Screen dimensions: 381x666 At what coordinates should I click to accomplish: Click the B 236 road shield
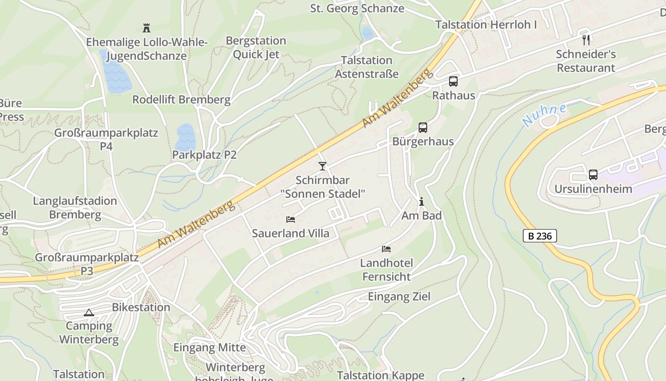[540, 236]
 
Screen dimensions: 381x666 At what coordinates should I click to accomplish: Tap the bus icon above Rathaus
[453, 81]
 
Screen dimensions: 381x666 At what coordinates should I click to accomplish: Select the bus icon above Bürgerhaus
[422, 128]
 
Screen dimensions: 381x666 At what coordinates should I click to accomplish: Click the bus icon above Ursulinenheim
[593, 175]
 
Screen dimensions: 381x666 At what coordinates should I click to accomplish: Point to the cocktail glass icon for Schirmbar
[323, 166]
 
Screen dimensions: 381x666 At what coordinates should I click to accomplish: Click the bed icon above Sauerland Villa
[291, 220]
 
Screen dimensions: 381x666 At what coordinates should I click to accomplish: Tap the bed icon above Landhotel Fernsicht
[386, 249]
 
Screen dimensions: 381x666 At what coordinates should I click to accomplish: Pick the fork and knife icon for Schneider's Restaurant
[586, 40]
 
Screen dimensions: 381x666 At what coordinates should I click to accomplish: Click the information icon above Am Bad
[421, 202]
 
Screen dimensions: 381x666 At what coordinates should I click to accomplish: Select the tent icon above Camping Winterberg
[88, 313]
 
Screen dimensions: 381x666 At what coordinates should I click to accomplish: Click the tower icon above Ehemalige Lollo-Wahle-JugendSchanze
[147, 28]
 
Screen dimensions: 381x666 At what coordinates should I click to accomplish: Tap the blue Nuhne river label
[544, 115]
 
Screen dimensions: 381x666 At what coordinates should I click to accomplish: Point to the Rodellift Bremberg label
[181, 100]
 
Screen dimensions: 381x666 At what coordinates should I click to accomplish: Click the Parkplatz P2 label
[204, 155]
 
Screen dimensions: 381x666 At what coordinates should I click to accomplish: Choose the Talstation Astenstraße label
[366, 67]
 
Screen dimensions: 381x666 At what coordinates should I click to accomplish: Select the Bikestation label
[141, 307]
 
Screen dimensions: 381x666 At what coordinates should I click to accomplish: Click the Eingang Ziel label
[399, 297]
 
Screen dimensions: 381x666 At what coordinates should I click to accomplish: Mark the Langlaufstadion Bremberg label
[75, 208]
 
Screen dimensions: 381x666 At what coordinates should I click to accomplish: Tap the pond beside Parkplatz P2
[186, 137]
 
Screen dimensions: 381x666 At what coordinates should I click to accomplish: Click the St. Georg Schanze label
[357, 9]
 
